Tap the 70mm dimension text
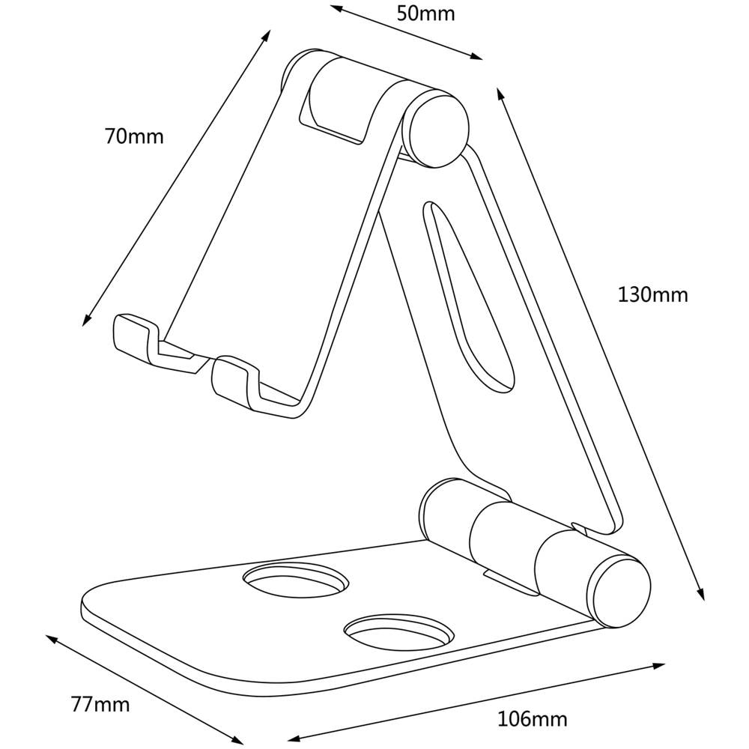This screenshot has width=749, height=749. [134, 137]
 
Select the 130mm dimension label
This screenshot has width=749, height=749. [652, 294]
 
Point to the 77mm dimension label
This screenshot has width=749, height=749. [100, 704]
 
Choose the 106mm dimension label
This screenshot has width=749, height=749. [533, 720]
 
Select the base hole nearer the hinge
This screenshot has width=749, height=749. [297, 581]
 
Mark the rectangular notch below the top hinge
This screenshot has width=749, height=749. [333, 112]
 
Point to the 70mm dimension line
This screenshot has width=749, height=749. [176, 178]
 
